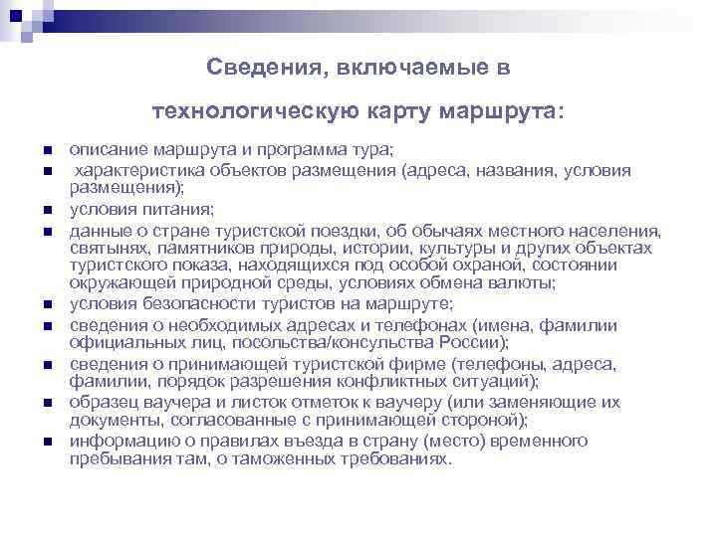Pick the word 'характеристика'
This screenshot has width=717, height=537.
click(139, 170)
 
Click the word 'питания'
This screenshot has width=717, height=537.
click(175, 209)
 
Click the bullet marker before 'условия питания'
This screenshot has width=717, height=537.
click(47, 210)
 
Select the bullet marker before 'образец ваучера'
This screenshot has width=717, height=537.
click(47, 402)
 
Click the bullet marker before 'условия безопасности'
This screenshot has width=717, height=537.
click(47, 304)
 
